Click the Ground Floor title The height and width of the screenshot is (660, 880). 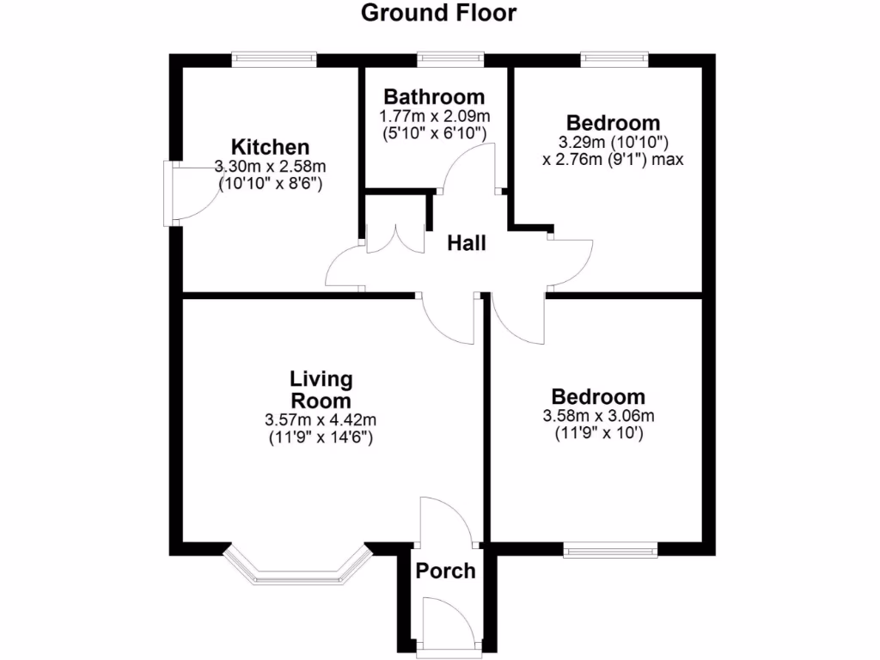438,13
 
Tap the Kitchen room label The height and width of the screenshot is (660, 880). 270,146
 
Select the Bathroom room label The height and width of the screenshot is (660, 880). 434,96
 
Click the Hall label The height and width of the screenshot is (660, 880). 467,244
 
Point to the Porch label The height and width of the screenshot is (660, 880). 445,570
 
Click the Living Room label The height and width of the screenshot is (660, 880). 321,389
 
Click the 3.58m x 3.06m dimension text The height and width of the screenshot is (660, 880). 598,417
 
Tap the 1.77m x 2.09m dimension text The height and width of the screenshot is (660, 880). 434,116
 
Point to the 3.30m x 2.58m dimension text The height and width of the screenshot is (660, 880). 270,166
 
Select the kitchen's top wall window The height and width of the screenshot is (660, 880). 273,58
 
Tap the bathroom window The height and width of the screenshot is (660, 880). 450,58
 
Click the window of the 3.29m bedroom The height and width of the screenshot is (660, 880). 614,58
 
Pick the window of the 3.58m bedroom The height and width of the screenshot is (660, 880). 610,549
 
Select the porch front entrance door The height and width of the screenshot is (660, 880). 447,623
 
